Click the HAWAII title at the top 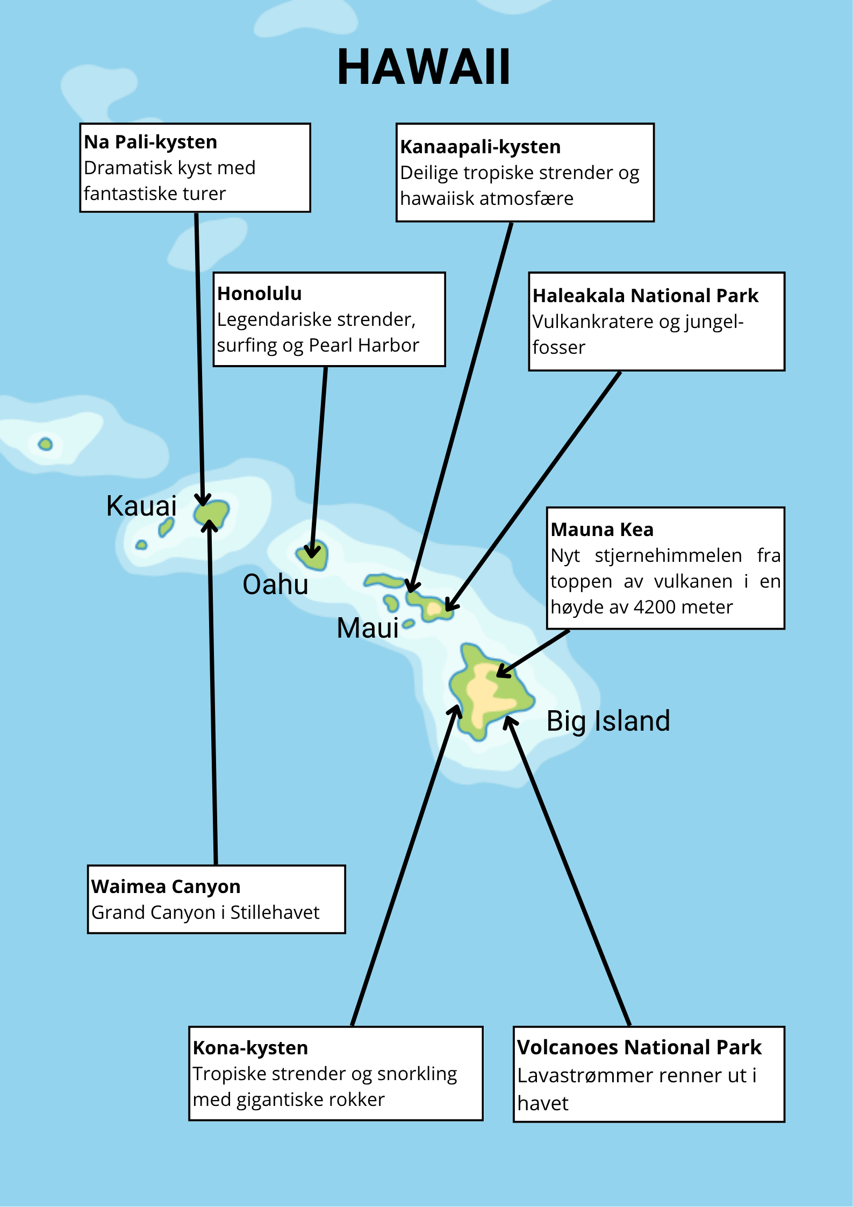(424, 67)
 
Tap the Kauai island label (141, 506)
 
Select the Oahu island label (275, 584)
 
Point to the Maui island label (368, 628)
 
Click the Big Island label (608, 722)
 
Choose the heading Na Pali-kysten (150, 142)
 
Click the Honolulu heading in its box (259, 294)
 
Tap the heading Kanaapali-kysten (481, 147)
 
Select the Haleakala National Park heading (645, 296)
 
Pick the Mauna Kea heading (602, 530)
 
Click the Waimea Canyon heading (166, 887)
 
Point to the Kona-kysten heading (250, 1048)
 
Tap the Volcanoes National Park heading (640, 1047)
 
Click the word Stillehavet (275, 912)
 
